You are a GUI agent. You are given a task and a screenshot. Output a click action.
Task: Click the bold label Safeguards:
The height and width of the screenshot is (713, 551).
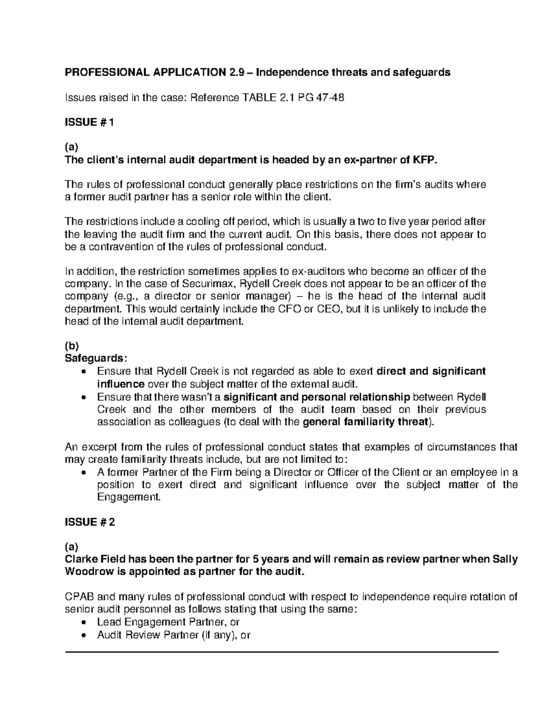tap(88, 358)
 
